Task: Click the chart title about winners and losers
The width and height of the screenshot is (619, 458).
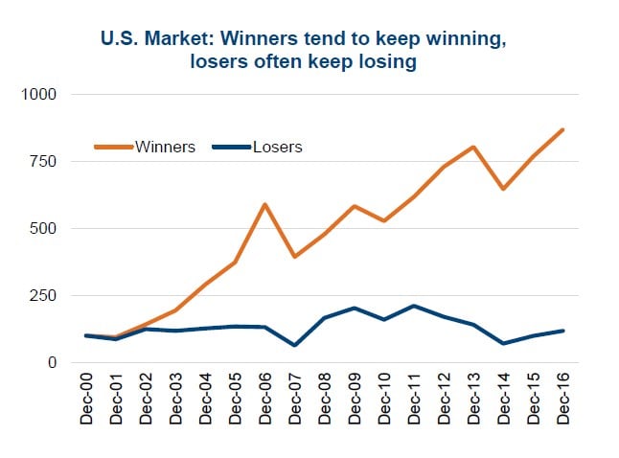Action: [x=309, y=52]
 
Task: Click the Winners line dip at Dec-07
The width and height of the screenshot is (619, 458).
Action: [x=295, y=257]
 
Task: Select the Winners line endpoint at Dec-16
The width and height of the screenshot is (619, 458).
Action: [x=563, y=129]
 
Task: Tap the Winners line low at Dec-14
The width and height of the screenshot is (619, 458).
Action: [x=503, y=189]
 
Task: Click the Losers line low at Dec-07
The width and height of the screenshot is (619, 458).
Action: [x=295, y=345]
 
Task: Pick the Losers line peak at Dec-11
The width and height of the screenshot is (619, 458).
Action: [x=414, y=306]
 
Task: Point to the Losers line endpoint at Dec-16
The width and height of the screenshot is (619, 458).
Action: [x=563, y=331]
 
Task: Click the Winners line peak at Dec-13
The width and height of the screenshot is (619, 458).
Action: [x=473, y=147]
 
